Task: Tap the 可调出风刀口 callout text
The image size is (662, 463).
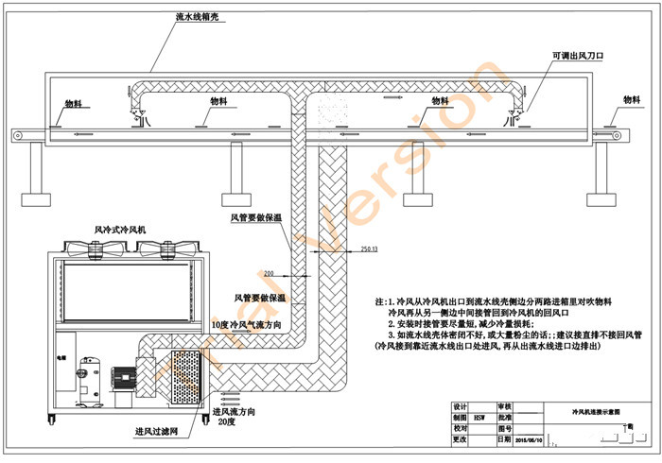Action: click(578, 57)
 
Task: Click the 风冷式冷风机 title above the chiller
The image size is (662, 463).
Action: click(120, 229)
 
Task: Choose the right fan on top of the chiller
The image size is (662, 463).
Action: click(163, 249)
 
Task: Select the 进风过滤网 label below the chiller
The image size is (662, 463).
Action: click(156, 435)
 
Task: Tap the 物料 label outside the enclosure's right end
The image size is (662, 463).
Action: click(633, 99)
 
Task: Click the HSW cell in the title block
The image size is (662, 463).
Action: click(480, 415)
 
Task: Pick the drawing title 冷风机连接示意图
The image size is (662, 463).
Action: click(592, 414)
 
